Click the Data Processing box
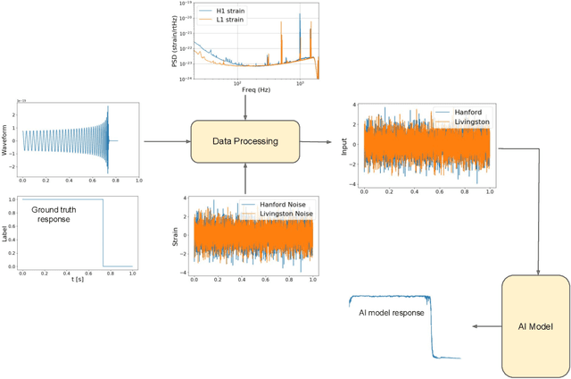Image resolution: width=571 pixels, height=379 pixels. click(245, 141)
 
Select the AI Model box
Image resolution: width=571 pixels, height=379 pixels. click(535, 327)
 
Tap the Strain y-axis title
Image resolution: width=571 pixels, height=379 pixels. click(175, 238)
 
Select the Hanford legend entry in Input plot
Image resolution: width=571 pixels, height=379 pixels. click(467, 112)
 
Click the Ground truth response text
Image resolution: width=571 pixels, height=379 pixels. click(60, 215)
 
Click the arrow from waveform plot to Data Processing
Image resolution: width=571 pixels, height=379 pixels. click(166, 141)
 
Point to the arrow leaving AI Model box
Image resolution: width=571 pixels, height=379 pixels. click(486, 327)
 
